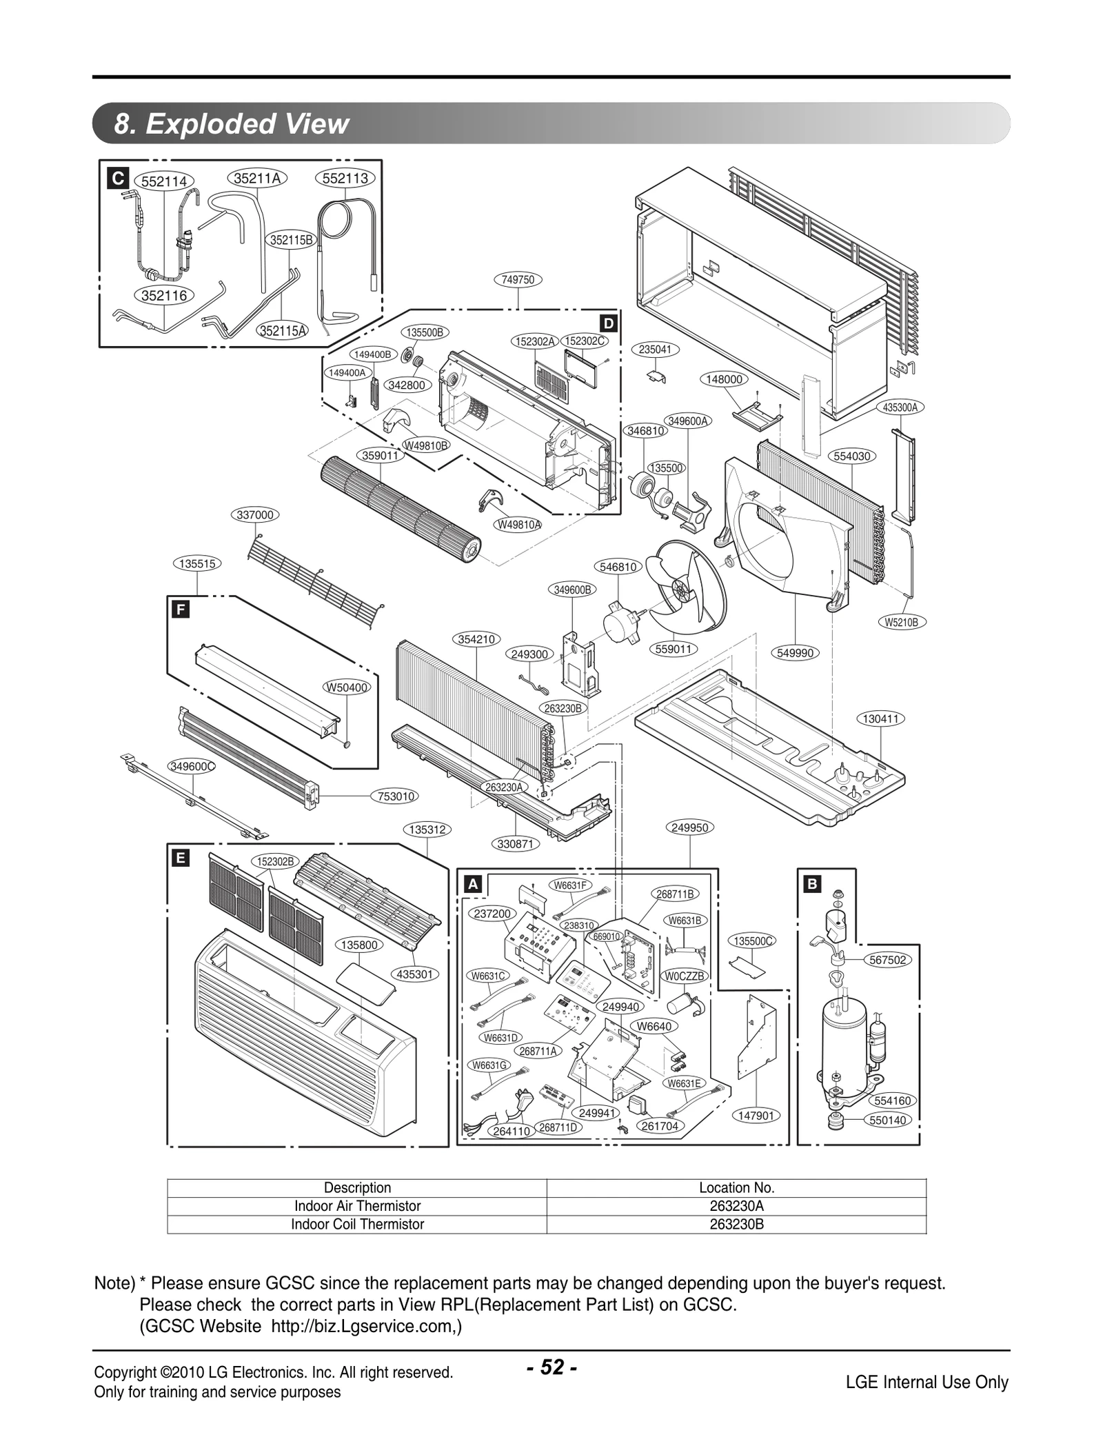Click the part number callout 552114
(x=164, y=181)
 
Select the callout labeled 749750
(x=518, y=279)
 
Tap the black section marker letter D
(x=608, y=323)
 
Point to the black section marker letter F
(x=181, y=610)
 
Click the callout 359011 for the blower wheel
(x=381, y=455)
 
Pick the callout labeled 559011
(x=674, y=649)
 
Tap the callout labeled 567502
(x=888, y=960)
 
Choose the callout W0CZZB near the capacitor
(x=684, y=976)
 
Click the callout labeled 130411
(x=881, y=718)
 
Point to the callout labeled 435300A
(x=900, y=408)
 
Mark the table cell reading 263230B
(x=736, y=1224)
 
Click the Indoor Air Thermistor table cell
(x=357, y=1206)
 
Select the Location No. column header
(x=736, y=1187)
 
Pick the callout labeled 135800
(x=359, y=945)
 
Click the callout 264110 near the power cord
(x=512, y=1131)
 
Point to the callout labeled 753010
(x=396, y=796)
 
